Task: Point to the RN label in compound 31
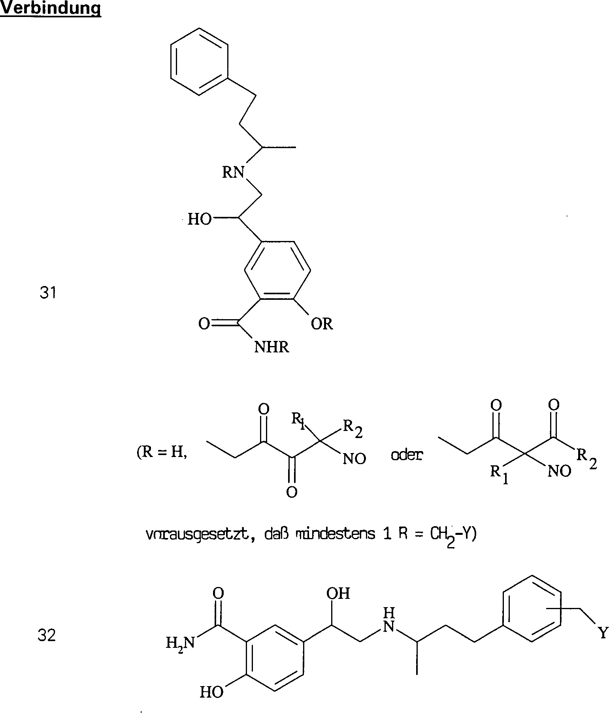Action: [233, 172]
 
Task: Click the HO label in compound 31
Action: [200, 219]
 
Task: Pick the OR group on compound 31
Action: [322, 324]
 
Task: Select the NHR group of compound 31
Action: [272, 347]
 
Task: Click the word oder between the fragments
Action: [407, 455]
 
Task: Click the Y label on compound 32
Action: [603, 634]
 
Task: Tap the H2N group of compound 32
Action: [180, 644]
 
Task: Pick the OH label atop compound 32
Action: [338, 593]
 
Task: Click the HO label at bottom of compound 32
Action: [211, 692]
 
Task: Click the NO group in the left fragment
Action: [354, 459]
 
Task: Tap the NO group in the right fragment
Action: [559, 471]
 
